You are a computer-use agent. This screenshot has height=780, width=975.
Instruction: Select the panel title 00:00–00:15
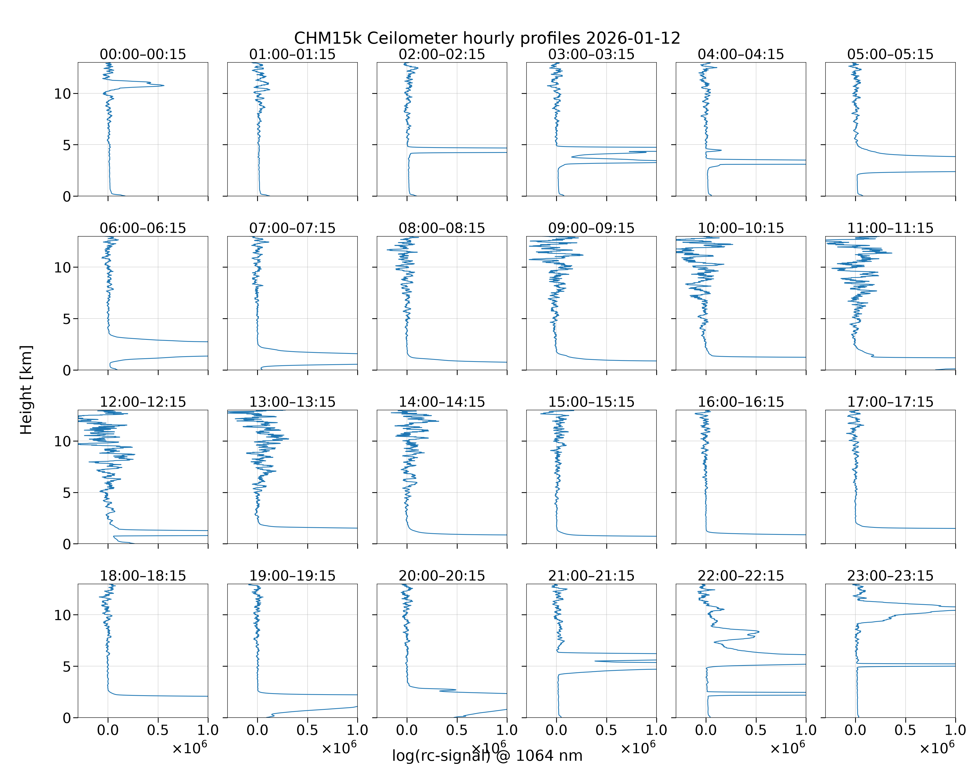click(143, 54)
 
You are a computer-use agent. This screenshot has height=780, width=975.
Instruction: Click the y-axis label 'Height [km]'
click(26, 390)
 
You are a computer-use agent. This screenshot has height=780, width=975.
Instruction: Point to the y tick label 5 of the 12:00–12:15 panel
click(67, 492)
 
